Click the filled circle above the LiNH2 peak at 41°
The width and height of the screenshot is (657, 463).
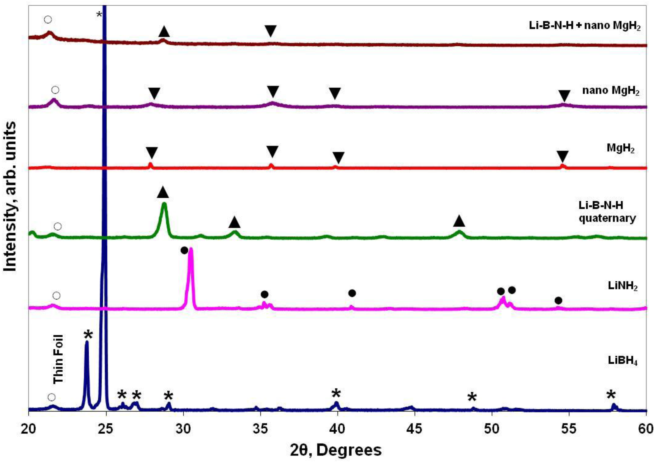(352, 293)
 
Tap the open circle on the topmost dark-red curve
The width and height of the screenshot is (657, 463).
(48, 20)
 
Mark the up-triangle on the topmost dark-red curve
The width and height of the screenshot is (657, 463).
(164, 31)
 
